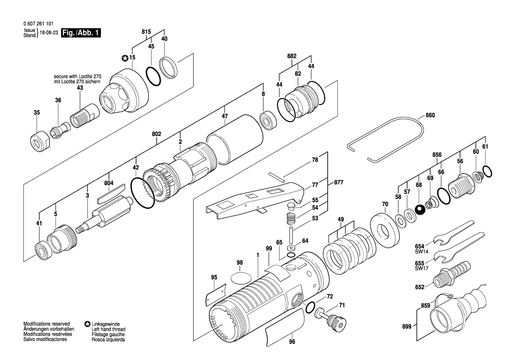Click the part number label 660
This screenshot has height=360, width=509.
tap(430, 115)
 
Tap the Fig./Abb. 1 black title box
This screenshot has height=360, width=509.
tap(81, 33)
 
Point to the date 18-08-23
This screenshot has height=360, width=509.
tap(49, 33)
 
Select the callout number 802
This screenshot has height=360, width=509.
tap(157, 134)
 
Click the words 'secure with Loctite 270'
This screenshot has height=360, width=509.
tap(78, 76)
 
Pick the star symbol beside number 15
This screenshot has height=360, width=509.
tap(125, 58)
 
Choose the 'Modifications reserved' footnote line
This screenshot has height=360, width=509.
tap(47, 324)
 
